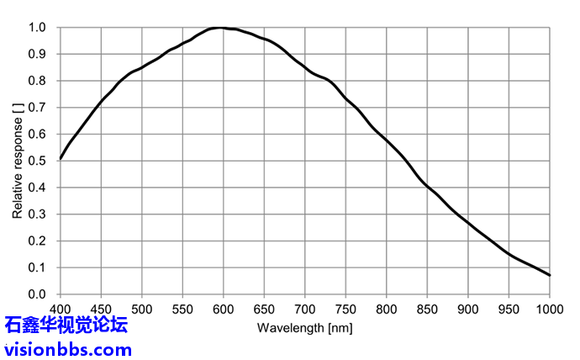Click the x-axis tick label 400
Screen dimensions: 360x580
point(61,309)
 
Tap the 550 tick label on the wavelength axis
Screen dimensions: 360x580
point(182,309)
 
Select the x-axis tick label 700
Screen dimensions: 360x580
point(305,309)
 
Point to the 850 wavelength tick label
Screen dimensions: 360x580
point(427,309)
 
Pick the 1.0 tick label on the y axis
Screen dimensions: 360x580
point(39,28)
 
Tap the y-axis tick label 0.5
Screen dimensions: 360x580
point(39,161)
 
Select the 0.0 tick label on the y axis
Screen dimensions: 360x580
point(39,294)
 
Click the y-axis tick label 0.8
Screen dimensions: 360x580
point(39,81)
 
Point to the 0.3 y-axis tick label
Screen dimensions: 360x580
point(39,214)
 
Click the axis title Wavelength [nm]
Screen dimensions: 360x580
point(303,326)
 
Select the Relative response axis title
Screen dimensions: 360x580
point(18,161)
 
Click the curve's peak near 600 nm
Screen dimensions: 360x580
point(220,28)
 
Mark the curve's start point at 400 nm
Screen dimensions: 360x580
point(61,158)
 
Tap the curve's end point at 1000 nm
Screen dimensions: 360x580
point(549,275)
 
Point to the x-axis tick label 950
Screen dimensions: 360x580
point(509,309)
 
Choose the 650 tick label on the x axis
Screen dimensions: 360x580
point(264,309)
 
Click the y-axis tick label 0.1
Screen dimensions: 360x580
point(39,267)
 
